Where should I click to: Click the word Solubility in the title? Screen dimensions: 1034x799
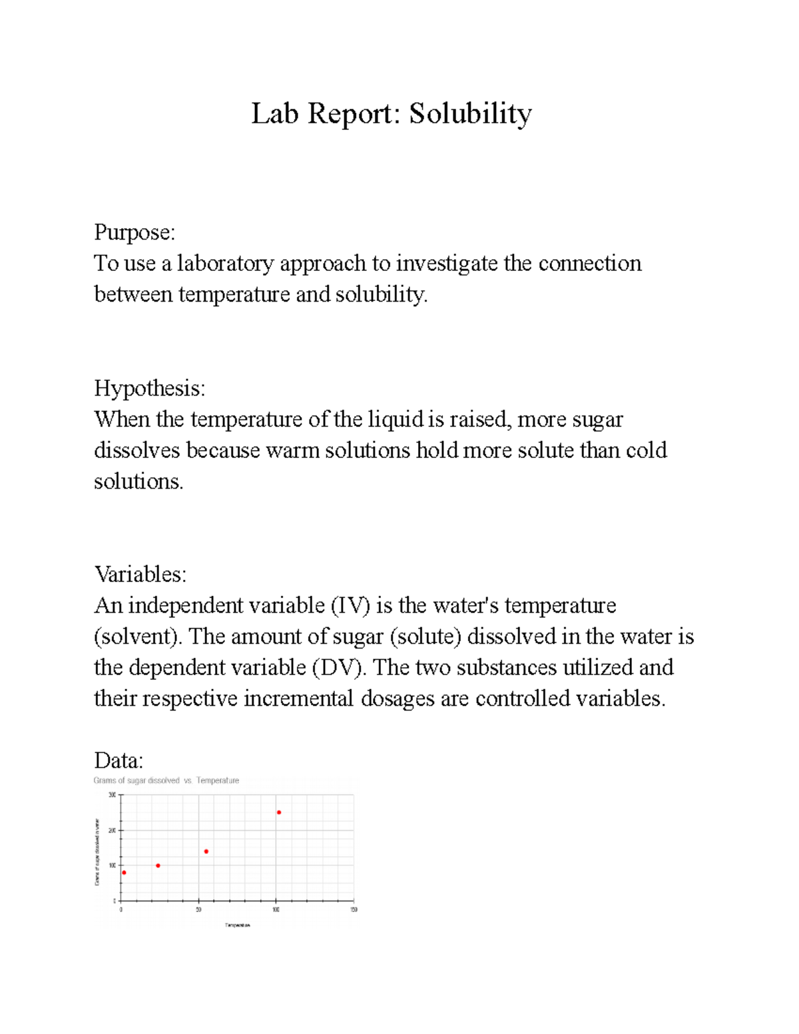(x=470, y=114)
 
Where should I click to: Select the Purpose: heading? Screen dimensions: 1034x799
(x=134, y=232)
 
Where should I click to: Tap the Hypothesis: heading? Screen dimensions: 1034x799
(x=150, y=388)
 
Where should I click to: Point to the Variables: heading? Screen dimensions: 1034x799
(x=140, y=574)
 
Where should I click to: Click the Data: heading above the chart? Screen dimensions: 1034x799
(x=119, y=760)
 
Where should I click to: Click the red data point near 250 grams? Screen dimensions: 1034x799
(x=279, y=812)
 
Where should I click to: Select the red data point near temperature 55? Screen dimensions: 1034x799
(x=206, y=852)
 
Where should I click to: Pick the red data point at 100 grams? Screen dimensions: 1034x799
(x=158, y=866)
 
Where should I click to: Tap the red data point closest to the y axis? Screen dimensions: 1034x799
(x=124, y=873)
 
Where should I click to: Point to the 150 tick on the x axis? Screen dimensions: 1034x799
(x=354, y=909)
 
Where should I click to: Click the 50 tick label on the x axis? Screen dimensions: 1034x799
(x=198, y=909)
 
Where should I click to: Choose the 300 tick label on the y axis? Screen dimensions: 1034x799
(x=112, y=795)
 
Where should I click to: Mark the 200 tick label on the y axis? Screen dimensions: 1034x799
(x=112, y=830)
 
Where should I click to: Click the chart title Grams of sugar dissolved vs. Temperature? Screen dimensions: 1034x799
(x=166, y=780)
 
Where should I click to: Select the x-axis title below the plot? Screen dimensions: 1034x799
(x=238, y=925)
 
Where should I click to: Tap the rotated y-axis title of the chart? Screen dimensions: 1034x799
(x=97, y=852)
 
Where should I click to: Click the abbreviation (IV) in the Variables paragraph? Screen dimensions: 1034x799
(x=350, y=605)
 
